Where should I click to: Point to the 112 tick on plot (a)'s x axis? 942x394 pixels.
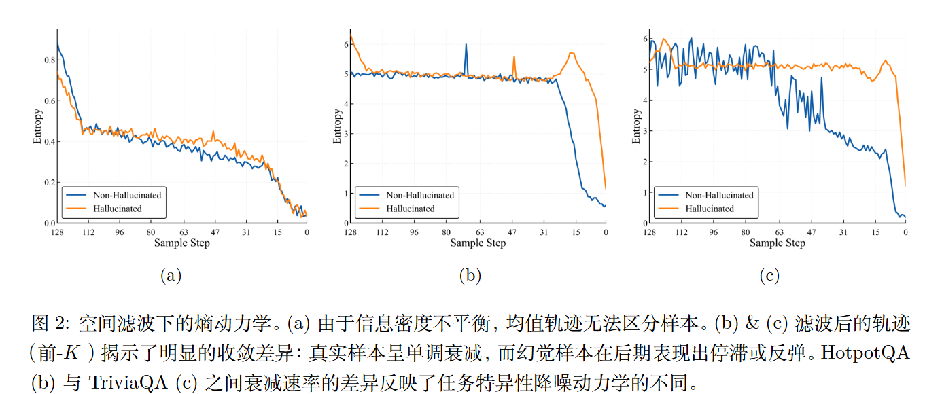pyautogui.click(x=87, y=232)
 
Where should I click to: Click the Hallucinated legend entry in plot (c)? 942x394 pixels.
pyautogui.click(x=710, y=209)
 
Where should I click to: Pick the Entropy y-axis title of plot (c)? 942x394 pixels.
pyautogui.click(x=637, y=126)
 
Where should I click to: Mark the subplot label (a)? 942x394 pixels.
pyautogui.click(x=171, y=275)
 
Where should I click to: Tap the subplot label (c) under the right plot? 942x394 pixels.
pyautogui.click(x=769, y=275)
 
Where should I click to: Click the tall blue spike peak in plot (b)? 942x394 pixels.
pyautogui.click(x=466, y=45)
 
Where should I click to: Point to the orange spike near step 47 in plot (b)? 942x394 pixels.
pyautogui.click(x=514, y=57)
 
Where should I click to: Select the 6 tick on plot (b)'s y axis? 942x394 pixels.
pyautogui.click(x=346, y=45)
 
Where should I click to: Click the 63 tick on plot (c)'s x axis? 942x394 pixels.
pyautogui.click(x=779, y=232)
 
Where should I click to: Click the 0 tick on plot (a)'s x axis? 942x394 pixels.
pyautogui.click(x=306, y=232)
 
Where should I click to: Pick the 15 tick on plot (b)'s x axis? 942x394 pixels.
pyautogui.click(x=575, y=232)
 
